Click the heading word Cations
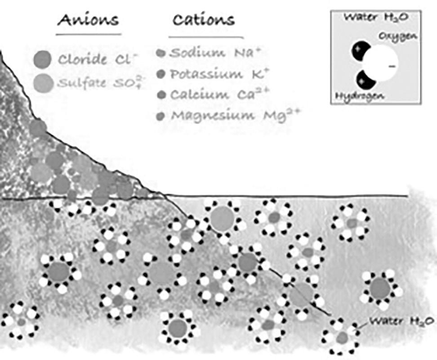pyautogui.click(x=204, y=20)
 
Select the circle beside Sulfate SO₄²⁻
pyautogui.click(x=44, y=82)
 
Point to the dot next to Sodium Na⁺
pyautogui.click(x=161, y=54)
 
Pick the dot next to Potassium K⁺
pyautogui.click(x=161, y=74)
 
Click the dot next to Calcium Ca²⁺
pyautogui.click(x=161, y=95)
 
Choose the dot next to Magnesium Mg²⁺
pyautogui.click(x=161, y=116)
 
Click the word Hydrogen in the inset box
pyautogui.click(x=354, y=96)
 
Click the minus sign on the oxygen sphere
pyautogui.click(x=392, y=67)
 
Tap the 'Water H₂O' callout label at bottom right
pyautogui.click(x=401, y=321)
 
